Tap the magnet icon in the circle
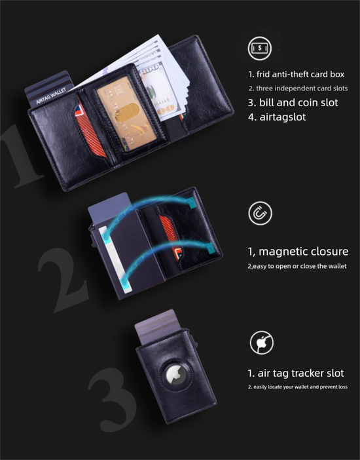pos(261,214)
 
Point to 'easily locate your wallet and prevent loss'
pos(297,387)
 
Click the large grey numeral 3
pos(111,400)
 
